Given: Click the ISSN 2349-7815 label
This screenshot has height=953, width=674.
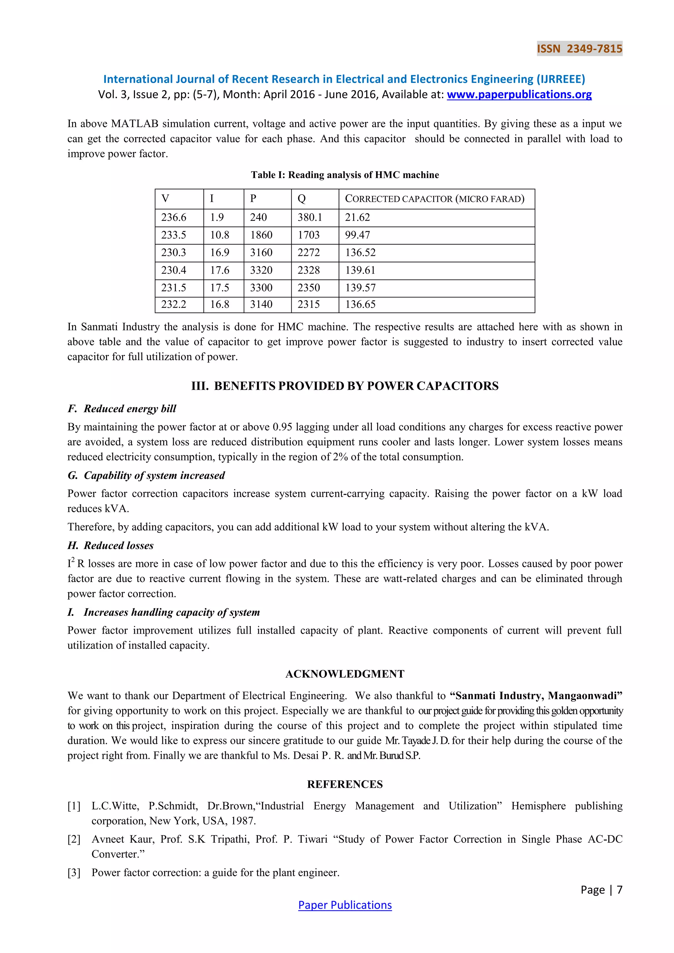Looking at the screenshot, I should click(579, 49).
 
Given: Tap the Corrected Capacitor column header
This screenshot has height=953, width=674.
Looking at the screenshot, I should click(434, 199).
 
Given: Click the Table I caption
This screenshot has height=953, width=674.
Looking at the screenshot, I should click(345, 175).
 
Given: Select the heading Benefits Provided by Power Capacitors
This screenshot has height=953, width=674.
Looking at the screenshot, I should click(345, 386).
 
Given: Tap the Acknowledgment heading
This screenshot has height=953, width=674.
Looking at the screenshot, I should click(345, 674).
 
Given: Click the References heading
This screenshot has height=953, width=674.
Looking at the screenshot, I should click(345, 784).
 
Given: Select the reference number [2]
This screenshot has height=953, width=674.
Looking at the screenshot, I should click(74, 839).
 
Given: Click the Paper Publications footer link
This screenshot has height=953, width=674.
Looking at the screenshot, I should click(345, 905).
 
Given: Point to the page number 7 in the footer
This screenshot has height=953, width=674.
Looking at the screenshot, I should click(619, 889).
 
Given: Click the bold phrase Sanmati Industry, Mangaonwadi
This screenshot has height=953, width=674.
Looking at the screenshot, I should click(536, 696).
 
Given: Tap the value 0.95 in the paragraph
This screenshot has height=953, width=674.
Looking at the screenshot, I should click(282, 427).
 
